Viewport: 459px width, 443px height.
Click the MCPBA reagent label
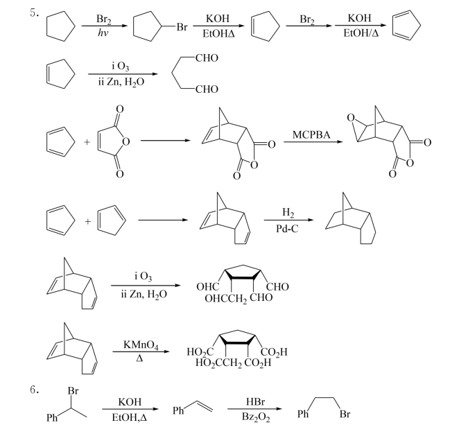coord(311,135)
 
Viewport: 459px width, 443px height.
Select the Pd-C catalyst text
coord(287,229)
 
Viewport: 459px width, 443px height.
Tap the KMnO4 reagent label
coord(141,345)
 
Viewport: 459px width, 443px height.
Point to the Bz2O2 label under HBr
coord(256,417)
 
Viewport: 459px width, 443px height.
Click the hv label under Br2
coord(103,33)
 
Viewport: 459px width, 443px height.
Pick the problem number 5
coord(34,13)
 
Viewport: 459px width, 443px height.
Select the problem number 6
coord(34,390)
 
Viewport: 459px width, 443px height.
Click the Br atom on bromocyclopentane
coord(182,27)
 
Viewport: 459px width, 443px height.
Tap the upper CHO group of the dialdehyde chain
coord(207,58)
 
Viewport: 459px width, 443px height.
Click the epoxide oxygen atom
coord(351,118)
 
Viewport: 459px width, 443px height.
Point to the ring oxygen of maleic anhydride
coord(126,142)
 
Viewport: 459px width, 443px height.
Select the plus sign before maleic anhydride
coord(87,142)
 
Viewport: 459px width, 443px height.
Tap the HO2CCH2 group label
coord(219,363)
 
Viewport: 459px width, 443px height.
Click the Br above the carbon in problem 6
coord(73,390)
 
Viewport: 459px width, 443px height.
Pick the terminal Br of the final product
coord(345,414)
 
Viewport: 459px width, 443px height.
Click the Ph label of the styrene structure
coord(178,410)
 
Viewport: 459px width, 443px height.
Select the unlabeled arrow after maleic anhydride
coord(166,141)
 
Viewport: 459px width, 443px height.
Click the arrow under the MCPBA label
coord(313,142)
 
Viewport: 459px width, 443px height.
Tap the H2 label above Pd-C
coord(288,212)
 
